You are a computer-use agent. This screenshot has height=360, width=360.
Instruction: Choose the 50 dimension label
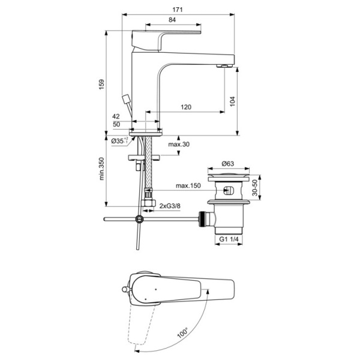(116, 125)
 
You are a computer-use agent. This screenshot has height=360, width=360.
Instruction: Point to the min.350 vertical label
(102, 170)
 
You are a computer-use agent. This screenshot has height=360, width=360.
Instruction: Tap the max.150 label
(187, 186)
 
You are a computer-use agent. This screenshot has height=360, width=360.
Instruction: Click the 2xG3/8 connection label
(170, 206)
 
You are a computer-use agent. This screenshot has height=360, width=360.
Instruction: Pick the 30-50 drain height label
(256, 190)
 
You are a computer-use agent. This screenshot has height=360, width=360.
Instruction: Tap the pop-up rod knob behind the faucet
(124, 97)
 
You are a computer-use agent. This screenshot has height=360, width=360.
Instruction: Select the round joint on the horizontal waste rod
(140, 219)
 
